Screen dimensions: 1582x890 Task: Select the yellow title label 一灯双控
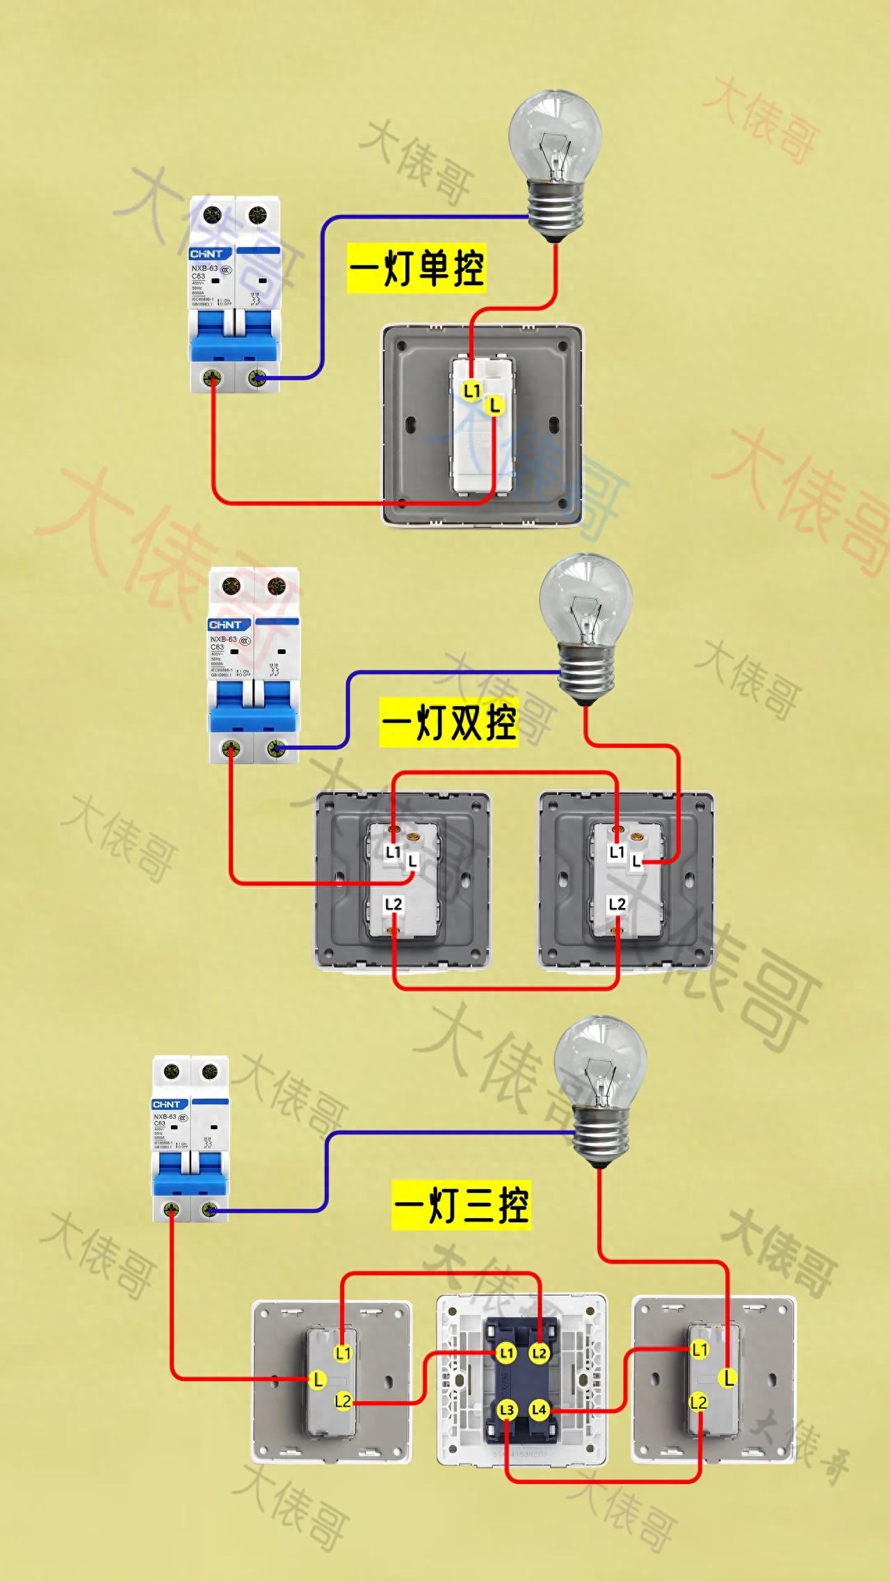tap(448, 724)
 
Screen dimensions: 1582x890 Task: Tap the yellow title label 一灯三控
tap(461, 1205)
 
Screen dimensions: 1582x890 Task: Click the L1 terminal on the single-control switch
tap(472, 391)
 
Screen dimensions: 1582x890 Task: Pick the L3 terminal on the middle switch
tap(507, 1410)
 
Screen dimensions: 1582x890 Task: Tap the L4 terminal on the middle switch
tap(539, 1410)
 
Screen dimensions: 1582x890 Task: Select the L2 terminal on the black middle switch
tap(539, 1353)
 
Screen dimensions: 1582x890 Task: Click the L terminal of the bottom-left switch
tap(318, 1380)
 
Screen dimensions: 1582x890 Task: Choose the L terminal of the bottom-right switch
tap(728, 1377)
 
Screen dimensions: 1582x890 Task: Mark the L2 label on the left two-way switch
tap(394, 904)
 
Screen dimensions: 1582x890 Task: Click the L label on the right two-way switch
tap(636, 862)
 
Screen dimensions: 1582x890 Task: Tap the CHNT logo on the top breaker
tap(207, 254)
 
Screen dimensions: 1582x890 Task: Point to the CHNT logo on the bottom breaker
tap(167, 1105)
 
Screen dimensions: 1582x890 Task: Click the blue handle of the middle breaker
tap(254, 704)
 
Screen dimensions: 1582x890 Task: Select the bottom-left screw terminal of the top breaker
tap(212, 378)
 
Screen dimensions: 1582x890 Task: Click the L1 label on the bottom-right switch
tap(699, 1350)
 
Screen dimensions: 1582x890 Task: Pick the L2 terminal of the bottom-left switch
tap(343, 1401)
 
